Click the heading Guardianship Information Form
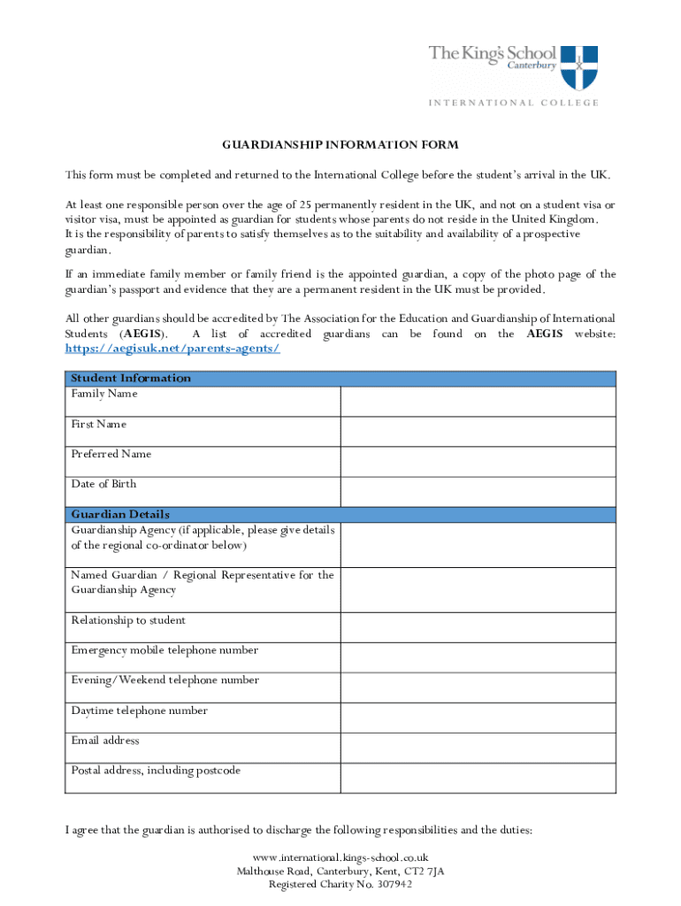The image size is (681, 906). (340, 144)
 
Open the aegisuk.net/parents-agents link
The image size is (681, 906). (172, 349)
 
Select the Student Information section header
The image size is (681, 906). (131, 379)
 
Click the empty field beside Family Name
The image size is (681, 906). (478, 401)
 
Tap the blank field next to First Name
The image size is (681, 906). (478, 431)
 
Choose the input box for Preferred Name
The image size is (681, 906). (478, 461)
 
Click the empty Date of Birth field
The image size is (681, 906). (478, 491)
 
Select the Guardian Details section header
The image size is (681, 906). (120, 514)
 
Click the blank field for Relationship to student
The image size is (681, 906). (478, 627)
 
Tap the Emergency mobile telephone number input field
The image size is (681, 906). (478, 657)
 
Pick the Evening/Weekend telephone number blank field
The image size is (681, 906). (478, 687)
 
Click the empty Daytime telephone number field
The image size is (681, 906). (478, 718)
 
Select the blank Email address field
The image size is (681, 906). (478, 748)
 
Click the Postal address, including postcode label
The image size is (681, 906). (156, 771)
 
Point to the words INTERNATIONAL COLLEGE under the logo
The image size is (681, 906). (514, 103)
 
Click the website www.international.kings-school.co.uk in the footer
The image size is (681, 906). (340, 857)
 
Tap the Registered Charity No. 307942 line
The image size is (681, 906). (340, 884)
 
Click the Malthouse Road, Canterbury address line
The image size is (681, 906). (340, 871)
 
